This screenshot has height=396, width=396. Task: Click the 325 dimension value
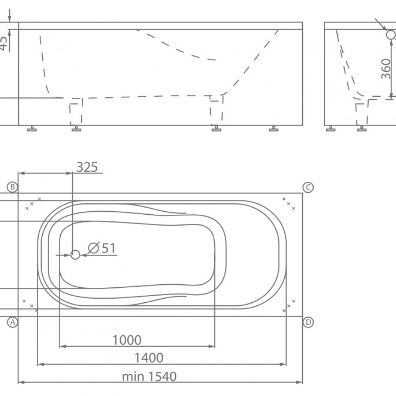pyautogui.click(x=87, y=167)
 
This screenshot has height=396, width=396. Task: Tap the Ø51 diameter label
pyautogui.click(x=102, y=248)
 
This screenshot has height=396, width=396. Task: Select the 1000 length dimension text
pyautogui.click(x=127, y=340)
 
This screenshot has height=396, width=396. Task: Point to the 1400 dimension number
pyautogui.click(x=149, y=358)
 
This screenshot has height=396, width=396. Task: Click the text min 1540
pyautogui.click(x=149, y=377)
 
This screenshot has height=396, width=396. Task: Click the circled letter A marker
pyautogui.click(x=12, y=322)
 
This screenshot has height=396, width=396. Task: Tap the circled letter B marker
pyautogui.click(x=12, y=187)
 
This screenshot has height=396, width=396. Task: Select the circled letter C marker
pyautogui.click(x=308, y=187)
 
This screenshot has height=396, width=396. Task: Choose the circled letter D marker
pyautogui.click(x=308, y=322)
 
